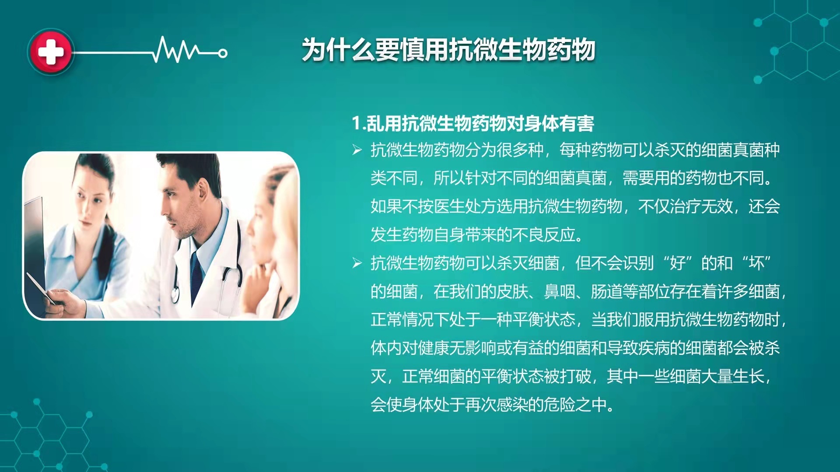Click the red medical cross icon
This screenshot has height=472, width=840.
pos(51,52)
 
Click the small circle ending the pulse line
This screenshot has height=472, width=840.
pos(223,53)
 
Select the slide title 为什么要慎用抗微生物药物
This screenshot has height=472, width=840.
pos(448,49)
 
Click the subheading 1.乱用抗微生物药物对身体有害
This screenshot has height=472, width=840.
pos(473,124)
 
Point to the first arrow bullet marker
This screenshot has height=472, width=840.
pos(357,150)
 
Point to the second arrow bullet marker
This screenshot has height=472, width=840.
pos(357,263)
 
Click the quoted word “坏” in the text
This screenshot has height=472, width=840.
pos(756,263)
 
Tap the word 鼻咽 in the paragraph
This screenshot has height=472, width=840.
pos(560,292)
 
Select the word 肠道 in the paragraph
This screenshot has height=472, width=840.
pos(607,292)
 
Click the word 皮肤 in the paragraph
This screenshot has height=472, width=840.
pos(512,292)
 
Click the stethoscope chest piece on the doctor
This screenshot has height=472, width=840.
pos(175,294)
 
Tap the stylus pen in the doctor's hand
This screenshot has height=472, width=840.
pos(41,289)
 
